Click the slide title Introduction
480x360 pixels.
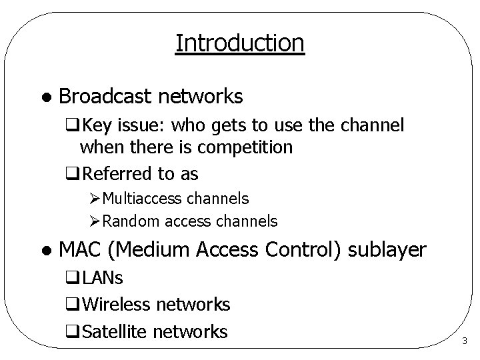[x=240, y=43]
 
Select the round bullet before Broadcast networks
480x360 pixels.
[x=44, y=98]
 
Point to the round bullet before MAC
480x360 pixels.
[x=44, y=251]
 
